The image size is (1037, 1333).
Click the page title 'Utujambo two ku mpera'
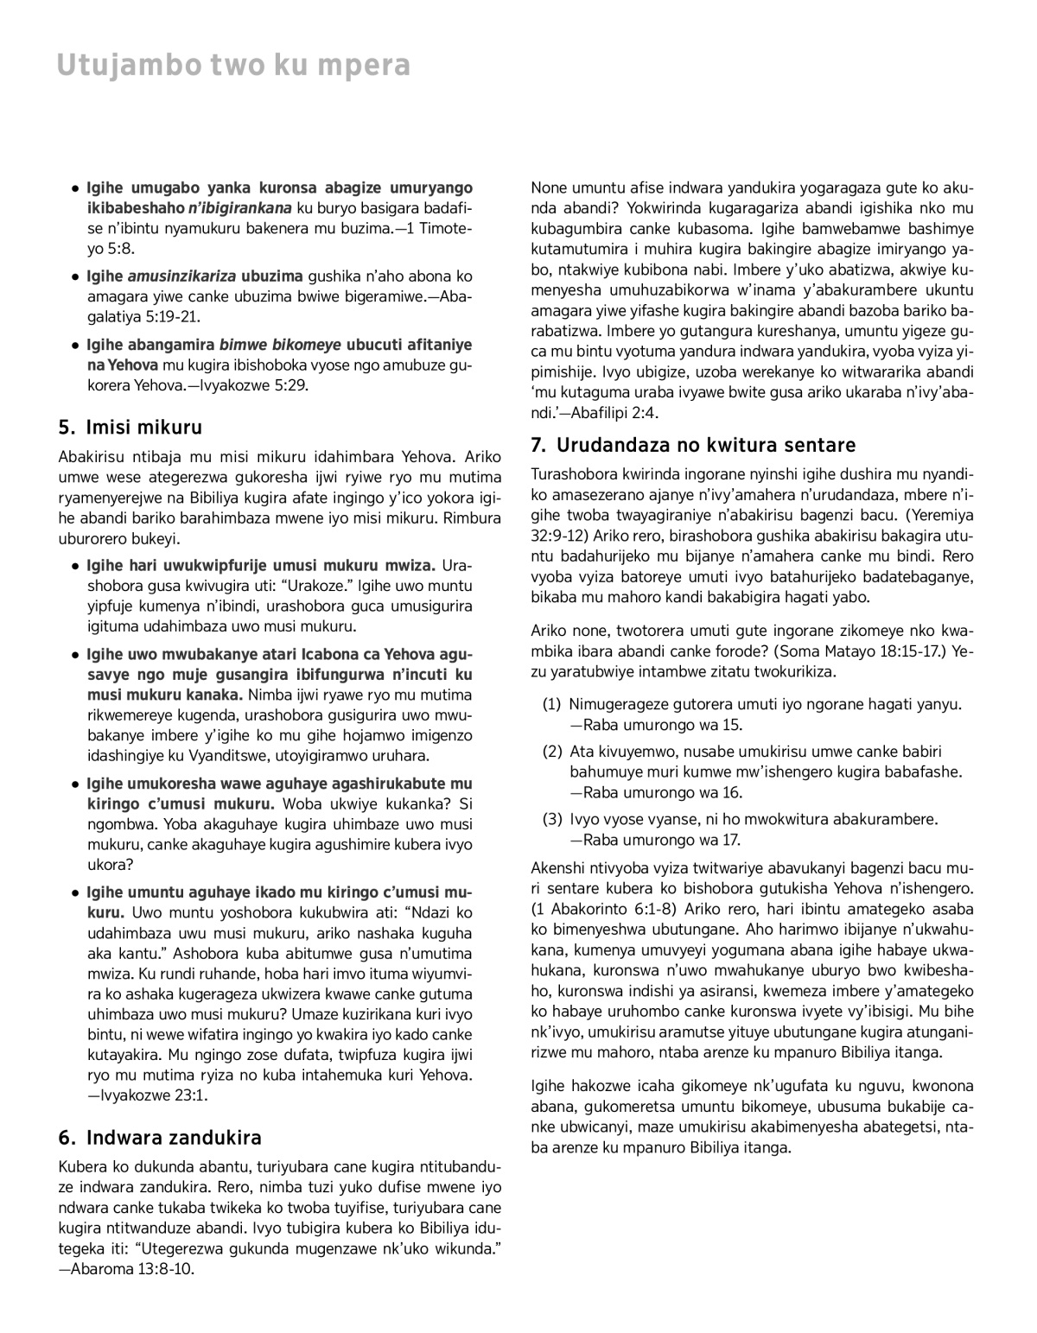(233, 66)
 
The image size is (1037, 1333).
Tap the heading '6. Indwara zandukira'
(160, 1137)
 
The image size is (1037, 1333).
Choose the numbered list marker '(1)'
(552, 705)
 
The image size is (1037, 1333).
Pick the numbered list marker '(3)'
(552, 818)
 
